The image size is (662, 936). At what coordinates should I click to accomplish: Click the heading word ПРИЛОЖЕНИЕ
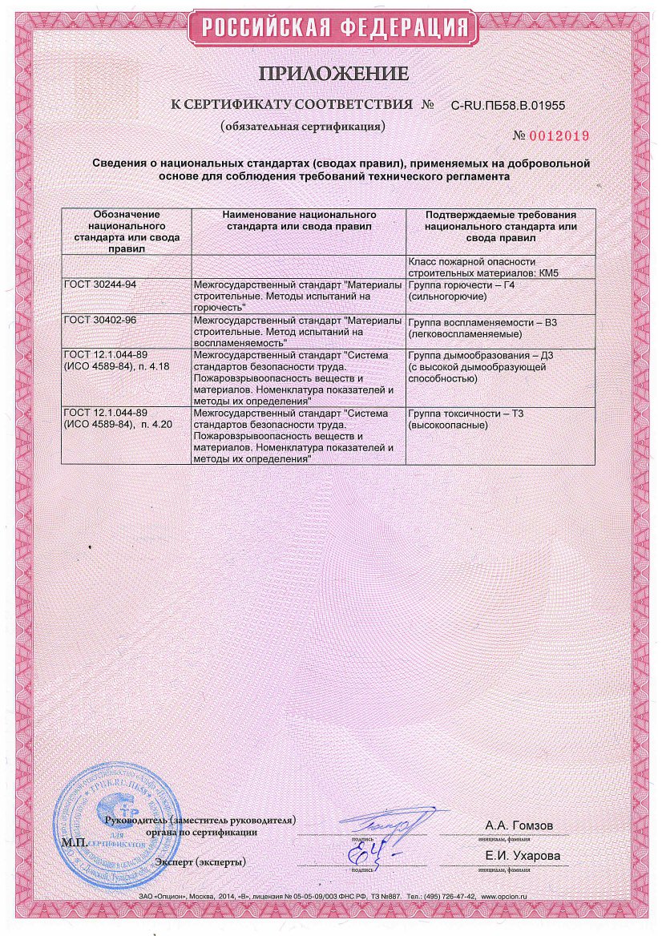[x=333, y=75]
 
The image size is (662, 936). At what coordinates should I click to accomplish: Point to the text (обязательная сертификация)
[x=304, y=127]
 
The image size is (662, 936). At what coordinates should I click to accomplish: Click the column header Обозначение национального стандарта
[x=127, y=231]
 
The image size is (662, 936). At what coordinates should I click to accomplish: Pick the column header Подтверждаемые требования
[x=500, y=227]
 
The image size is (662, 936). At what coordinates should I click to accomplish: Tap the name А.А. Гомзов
[x=519, y=825]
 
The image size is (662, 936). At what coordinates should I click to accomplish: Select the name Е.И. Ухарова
[x=523, y=856]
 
